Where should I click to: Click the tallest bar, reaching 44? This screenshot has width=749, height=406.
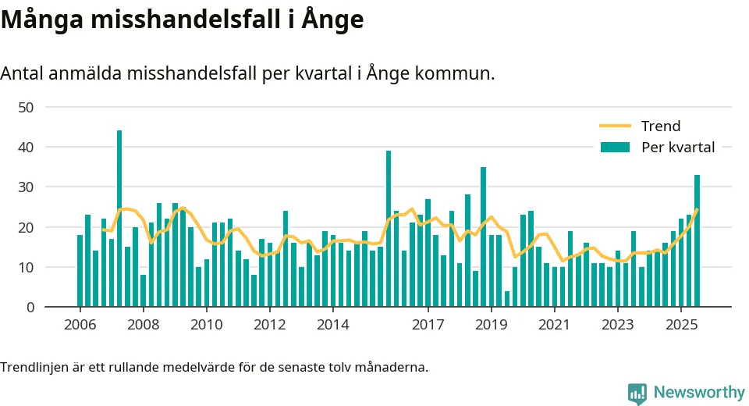click(119, 219)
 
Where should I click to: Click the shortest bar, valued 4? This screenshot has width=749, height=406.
click(507, 299)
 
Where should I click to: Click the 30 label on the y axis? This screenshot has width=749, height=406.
click(26, 187)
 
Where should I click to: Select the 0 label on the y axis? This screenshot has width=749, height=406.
click(30, 308)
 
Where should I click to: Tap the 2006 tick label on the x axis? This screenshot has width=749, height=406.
click(80, 325)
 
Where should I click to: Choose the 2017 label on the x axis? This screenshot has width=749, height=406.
click(428, 325)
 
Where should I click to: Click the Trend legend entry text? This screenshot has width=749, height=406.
click(660, 126)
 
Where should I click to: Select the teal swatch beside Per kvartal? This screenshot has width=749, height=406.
click(615, 147)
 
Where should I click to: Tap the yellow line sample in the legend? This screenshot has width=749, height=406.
click(615, 126)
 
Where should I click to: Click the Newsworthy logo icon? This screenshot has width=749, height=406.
click(637, 393)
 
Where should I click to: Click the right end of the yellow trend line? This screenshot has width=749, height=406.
click(697, 210)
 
